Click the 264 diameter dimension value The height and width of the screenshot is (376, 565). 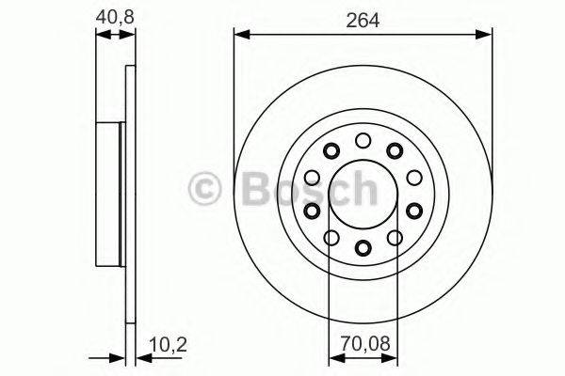coord(363,20)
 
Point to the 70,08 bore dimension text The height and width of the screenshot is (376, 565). coord(363,343)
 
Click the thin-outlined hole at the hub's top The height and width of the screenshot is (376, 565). coord(363,141)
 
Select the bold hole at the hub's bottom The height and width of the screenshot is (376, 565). coord(363,248)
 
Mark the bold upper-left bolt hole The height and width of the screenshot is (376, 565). coord(331,150)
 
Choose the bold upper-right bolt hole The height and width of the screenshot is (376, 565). coord(395,150)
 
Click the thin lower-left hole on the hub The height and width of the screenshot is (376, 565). coord(331,238)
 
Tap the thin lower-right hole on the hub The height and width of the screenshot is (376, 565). coord(395,238)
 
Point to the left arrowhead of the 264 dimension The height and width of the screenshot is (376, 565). coord(239,36)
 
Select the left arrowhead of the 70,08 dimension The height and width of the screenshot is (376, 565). coord(333,358)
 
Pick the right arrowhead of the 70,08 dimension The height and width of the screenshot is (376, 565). coord(392,358)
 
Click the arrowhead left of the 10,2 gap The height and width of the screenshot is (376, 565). coord(118,358)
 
